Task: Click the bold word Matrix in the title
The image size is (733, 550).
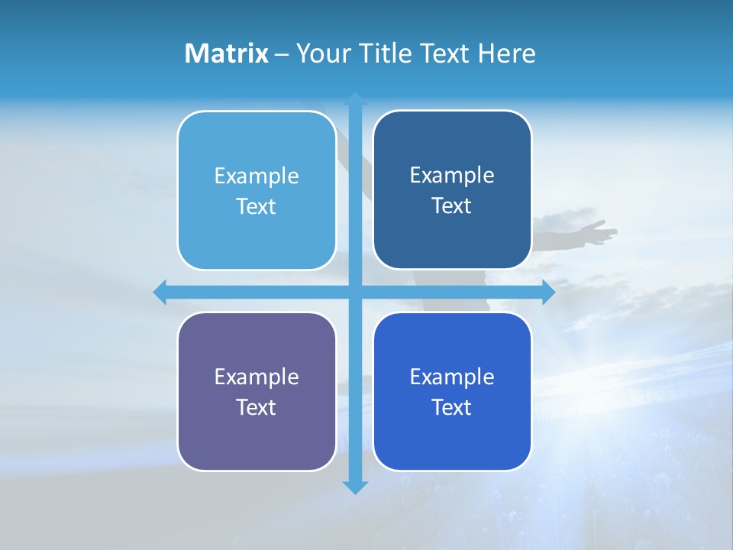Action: [226, 53]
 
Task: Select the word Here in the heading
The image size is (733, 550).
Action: [506, 53]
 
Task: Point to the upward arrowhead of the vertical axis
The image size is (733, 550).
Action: [355, 99]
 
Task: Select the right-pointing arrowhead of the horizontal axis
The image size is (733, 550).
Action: [548, 292]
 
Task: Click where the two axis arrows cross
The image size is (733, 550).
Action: [355, 292]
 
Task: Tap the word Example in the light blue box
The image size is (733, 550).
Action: [257, 176]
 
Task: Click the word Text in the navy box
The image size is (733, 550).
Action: [452, 206]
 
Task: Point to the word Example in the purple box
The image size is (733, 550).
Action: [257, 377]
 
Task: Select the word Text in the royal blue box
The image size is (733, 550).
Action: [452, 407]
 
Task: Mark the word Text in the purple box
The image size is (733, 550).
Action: [257, 407]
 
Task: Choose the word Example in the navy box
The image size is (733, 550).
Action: [452, 176]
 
